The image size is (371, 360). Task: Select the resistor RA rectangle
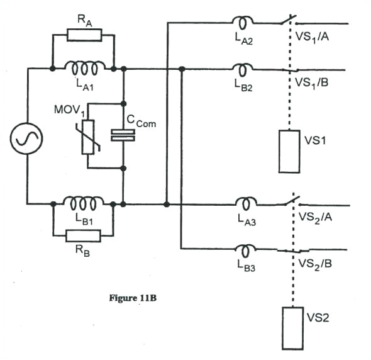pyautogui.click(x=84, y=34)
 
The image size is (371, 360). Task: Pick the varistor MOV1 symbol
pyautogui.click(x=88, y=137)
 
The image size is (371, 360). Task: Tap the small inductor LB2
pyautogui.click(x=243, y=69)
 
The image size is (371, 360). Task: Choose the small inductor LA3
pyautogui.click(x=243, y=203)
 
